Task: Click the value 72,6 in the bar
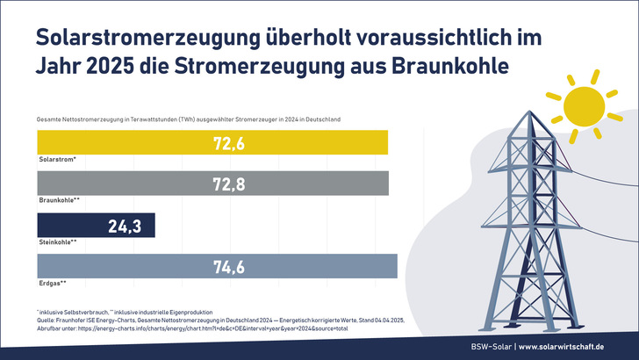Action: pos(228,143)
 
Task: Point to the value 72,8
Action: pos(228,184)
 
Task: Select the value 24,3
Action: pos(126,226)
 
